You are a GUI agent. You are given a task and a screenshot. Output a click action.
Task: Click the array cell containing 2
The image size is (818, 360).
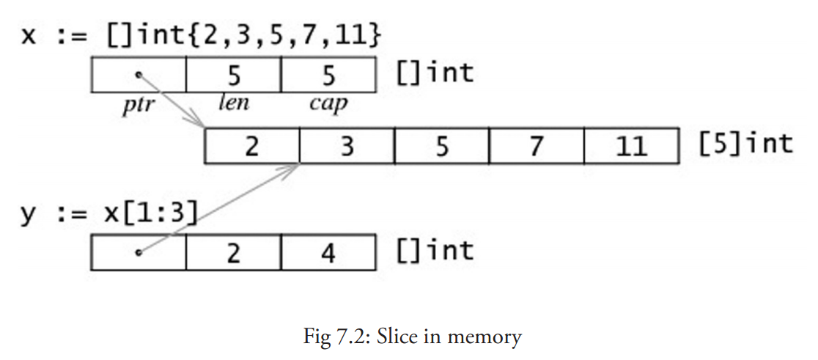(251, 146)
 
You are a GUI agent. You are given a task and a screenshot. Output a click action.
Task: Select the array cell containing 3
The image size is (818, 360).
(347, 146)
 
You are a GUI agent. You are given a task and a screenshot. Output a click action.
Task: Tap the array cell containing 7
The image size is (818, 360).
(537, 146)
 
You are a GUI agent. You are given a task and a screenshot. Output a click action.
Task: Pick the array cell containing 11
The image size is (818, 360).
(631, 146)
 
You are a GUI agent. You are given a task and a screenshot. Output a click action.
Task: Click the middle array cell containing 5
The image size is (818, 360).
(441, 146)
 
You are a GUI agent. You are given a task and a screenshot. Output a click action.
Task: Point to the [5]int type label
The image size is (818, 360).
(745, 144)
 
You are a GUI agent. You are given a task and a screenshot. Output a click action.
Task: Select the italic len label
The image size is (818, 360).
(234, 102)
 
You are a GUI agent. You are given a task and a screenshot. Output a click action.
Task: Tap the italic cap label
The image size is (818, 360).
(328, 103)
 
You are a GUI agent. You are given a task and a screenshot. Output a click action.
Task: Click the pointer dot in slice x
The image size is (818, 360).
(139, 74)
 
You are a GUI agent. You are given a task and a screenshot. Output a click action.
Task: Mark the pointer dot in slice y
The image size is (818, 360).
(139, 253)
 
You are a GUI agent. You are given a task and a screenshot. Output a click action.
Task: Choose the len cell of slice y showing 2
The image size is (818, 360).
(234, 253)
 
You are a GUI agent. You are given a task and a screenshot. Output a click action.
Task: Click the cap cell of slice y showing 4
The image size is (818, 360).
(328, 253)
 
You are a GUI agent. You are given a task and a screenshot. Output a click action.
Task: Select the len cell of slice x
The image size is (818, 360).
(234, 74)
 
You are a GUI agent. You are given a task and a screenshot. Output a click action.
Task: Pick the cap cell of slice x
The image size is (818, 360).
(328, 74)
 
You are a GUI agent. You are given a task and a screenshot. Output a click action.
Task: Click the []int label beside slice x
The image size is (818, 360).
(435, 72)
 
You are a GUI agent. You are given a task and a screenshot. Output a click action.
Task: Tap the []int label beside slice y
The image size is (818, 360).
(435, 251)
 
